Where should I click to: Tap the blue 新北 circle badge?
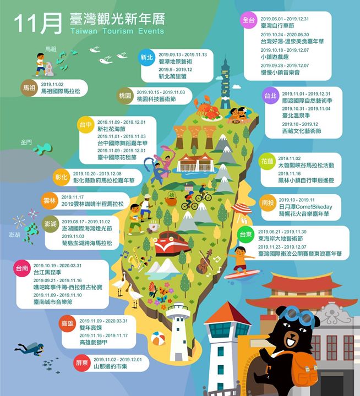(x=146, y=57)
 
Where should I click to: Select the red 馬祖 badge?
(x=29, y=88)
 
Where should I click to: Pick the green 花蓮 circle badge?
(x=268, y=162)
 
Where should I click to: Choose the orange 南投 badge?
(x=268, y=203)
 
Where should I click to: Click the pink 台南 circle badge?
(x=22, y=269)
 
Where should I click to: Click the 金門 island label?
(x=26, y=142)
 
